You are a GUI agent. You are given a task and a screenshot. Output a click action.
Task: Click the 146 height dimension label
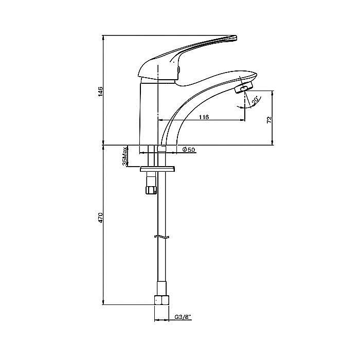[x=101, y=92]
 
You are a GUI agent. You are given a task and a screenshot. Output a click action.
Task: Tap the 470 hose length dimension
[x=101, y=218]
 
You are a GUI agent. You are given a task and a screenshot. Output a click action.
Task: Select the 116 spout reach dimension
[x=204, y=117]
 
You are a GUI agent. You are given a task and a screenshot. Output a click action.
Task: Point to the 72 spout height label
[x=269, y=120]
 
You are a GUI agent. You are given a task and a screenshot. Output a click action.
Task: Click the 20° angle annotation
[x=256, y=101]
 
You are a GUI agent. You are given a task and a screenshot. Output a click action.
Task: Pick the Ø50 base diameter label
[x=189, y=150]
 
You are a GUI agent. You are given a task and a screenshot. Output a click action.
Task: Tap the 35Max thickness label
[x=124, y=156]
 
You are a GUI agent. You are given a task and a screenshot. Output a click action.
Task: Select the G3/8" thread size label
[x=183, y=317]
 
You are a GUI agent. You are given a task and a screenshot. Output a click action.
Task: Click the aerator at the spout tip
[x=243, y=88]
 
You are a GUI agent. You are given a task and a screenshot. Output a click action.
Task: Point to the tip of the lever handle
[x=236, y=38]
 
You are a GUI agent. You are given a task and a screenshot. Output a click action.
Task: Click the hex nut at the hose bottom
[x=161, y=300]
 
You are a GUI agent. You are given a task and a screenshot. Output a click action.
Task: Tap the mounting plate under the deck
[x=157, y=169]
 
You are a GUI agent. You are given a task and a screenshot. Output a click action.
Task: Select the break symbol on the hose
[x=162, y=237]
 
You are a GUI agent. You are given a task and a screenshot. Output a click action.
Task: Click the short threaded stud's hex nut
[x=151, y=190]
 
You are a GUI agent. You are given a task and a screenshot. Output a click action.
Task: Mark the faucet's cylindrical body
[x=149, y=114]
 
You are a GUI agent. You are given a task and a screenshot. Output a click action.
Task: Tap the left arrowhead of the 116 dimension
[x=160, y=120]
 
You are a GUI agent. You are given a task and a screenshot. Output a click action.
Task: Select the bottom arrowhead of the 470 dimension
[x=104, y=302]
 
